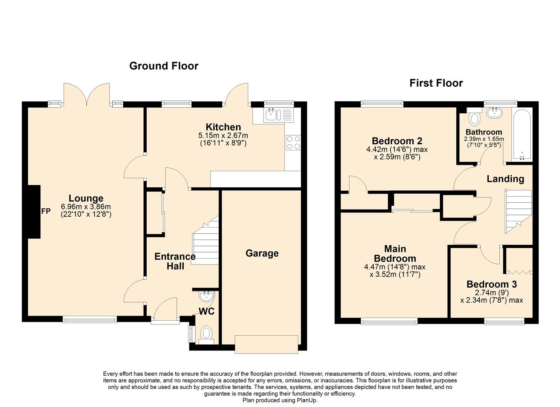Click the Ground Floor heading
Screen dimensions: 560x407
point(164,66)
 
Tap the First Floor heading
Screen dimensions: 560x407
point(436,83)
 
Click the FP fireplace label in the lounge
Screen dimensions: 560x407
point(46,211)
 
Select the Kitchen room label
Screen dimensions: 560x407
point(223,127)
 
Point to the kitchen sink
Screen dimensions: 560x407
point(279,115)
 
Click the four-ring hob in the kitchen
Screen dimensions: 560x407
point(293,143)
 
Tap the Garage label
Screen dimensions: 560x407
point(262,253)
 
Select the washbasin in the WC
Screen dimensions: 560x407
point(207,297)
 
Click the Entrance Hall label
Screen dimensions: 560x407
point(175,261)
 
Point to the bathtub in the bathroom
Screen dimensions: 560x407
point(522,135)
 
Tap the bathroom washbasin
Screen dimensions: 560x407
point(494,113)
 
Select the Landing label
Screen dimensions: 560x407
point(505,179)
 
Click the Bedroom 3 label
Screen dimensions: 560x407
point(491,284)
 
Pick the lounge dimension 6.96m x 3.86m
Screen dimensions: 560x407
point(86,207)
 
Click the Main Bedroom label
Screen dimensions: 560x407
point(395,254)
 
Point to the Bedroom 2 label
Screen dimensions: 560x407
point(397,141)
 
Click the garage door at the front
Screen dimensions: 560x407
point(266,344)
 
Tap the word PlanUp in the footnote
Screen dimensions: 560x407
point(307,400)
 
